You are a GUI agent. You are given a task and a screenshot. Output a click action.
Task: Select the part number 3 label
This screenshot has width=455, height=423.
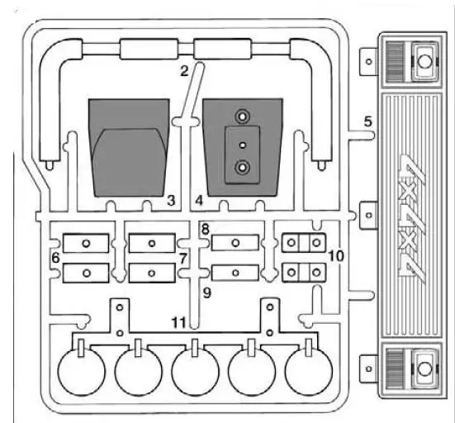click(x=170, y=200)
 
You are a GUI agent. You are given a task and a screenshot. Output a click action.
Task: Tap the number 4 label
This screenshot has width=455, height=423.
click(x=199, y=200)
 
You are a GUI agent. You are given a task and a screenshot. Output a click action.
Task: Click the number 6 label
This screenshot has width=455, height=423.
click(x=55, y=259)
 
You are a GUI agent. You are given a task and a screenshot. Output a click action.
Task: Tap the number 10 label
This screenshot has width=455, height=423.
click(x=336, y=257)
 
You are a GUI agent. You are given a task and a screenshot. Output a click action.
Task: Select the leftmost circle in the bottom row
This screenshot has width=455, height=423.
click(x=80, y=372)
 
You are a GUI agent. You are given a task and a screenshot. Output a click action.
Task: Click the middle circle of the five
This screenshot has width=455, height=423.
click(x=195, y=372)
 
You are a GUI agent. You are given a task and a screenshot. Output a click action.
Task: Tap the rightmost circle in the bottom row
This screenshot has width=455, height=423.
click(x=308, y=372)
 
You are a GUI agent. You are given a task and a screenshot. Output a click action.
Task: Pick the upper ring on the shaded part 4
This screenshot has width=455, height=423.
click(x=242, y=116)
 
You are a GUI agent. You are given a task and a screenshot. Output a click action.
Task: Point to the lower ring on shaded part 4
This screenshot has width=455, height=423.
click(x=242, y=169)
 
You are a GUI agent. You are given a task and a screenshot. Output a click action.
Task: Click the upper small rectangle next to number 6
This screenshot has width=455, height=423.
click(x=86, y=243)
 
